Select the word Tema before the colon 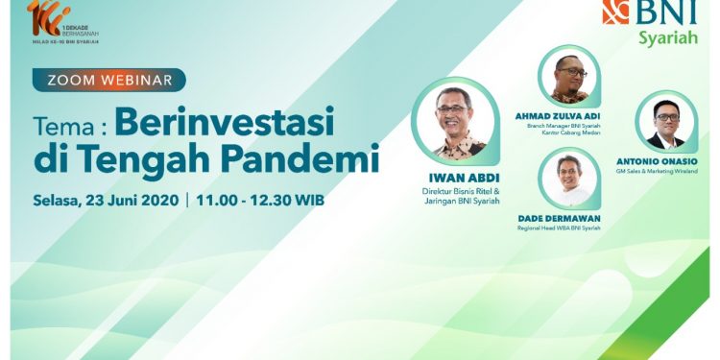[x=61, y=126]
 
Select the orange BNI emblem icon [x=615, y=12]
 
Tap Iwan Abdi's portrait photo [x=453, y=122]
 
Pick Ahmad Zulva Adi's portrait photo [x=569, y=78]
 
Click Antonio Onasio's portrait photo [x=665, y=123]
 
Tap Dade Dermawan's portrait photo [x=568, y=179]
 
